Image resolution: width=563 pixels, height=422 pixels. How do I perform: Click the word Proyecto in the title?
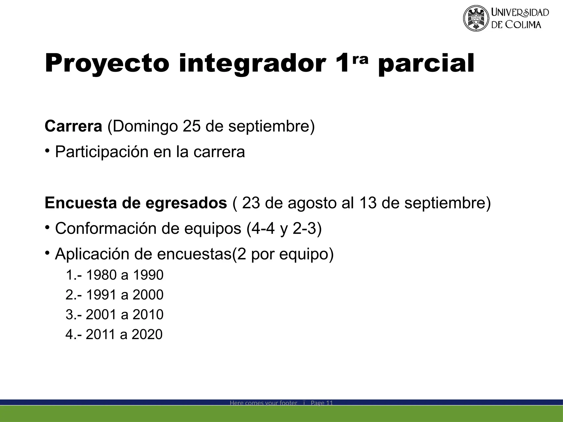[x=107, y=64]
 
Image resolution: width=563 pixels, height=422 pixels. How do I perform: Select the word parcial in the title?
[x=426, y=64]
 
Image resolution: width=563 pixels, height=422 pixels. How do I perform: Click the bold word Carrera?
[x=73, y=126]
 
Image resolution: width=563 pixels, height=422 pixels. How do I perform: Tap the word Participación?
[x=101, y=152]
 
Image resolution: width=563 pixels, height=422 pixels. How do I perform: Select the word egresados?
[x=186, y=204]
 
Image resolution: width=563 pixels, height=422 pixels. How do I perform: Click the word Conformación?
[x=106, y=228]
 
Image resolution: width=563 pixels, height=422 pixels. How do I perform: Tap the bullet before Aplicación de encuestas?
[x=47, y=252]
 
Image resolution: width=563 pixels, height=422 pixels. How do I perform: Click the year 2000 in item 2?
[x=148, y=295]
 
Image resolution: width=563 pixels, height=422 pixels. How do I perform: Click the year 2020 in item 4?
[x=147, y=334]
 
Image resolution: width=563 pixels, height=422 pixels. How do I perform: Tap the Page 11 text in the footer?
[x=322, y=403]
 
